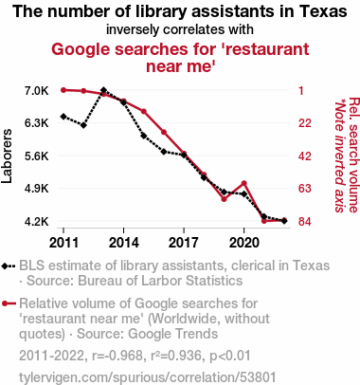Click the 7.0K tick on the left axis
(x=37, y=91)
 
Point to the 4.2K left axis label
(x=37, y=222)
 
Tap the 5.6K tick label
(x=37, y=156)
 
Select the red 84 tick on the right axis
(x=305, y=222)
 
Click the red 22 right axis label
(x=305, y=123)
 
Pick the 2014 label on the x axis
(x=124, y=243)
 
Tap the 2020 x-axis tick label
(x=243, y=243)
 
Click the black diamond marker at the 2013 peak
(x=103, y=90)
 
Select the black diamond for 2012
(x=83, y=125)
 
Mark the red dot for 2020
(x=243, y=183)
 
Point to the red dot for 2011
(x=63, y=90)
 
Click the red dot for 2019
(x=224, y=199)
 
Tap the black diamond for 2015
(x=144, y=136)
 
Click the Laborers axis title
(x=7, y=156)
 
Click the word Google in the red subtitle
(x=81, y=49)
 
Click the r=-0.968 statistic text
(x=117, y=356)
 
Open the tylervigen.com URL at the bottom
(x=148, y=377)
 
